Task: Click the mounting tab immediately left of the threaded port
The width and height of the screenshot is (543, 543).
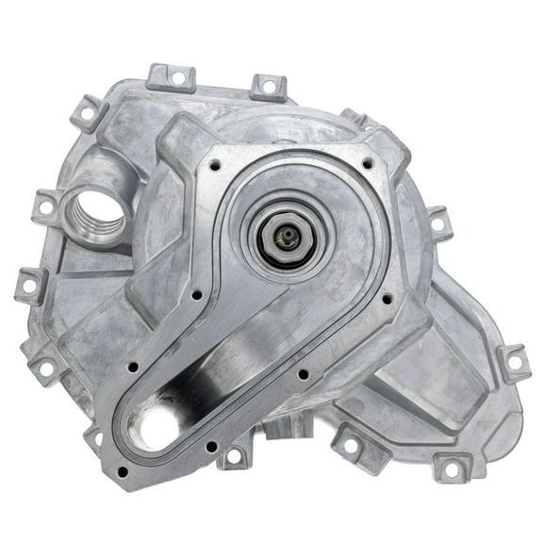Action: click(45, 204)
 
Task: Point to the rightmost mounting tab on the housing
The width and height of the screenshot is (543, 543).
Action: click(514, 364)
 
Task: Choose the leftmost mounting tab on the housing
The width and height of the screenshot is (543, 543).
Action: click(31, 282)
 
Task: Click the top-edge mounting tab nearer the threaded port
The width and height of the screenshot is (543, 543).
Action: click(172, 78)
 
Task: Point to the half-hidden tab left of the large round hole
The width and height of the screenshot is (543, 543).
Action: click(94, 437)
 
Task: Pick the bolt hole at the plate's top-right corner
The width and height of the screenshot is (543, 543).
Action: click(368, 164)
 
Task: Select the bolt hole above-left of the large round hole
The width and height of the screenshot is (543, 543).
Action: click(132, 366)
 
